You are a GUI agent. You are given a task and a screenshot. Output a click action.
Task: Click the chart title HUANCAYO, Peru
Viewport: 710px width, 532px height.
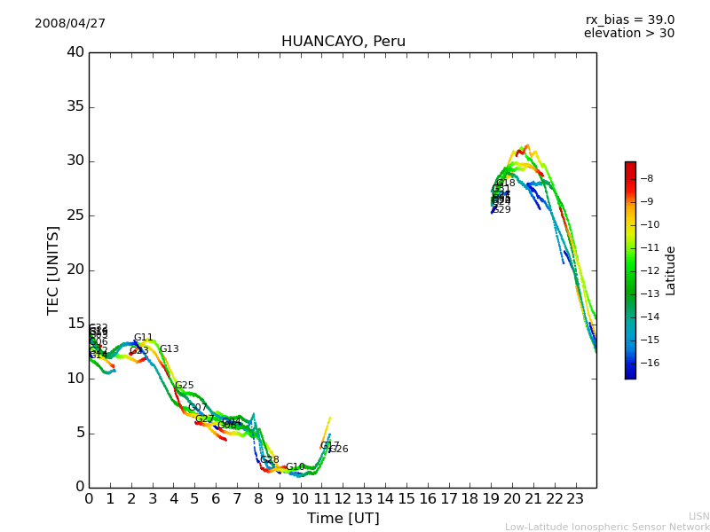pyautogui.click(x=343, y=42)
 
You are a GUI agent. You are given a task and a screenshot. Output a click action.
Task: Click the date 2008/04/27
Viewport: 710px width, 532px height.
pyautogui.click(x=70, y=23)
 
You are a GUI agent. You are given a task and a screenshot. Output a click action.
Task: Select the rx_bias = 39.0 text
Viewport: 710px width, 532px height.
pyautogui.click(x=629, y=20)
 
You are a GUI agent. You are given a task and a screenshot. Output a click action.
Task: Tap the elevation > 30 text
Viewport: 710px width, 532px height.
pyautogui.click(x=628, y=34)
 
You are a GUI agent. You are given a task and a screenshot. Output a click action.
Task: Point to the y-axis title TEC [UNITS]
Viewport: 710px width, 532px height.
pyautogui.click(x=53, y=270)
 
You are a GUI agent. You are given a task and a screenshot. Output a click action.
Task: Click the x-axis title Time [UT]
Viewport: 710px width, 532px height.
pyautogui.click(x=343, y=518)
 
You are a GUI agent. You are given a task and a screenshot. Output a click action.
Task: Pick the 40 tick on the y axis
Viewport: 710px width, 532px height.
pyautogui.click(x=75, y=52)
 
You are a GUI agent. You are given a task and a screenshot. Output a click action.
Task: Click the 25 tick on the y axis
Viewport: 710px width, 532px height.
pyautogui.click(x=75, y=215)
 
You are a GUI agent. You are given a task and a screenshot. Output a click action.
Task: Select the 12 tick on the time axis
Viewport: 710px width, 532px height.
pyautogui.click(x=343, y=498)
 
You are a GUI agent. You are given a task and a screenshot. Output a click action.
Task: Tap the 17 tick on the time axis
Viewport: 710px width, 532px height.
pyautogui.click(x=448, y=498)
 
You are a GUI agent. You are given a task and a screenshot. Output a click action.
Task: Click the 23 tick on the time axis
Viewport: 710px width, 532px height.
pyautogui.click(x=575, y=498)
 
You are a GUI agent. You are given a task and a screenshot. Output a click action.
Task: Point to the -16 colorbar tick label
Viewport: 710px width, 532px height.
pyautogui.click(x=652, y=363)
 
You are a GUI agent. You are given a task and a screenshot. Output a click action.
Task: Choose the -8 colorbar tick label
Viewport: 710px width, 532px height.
pyautogui.click(x=648, y=178)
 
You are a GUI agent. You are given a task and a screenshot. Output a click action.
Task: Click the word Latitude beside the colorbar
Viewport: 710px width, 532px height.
pyautogui.click(x=671, y=270)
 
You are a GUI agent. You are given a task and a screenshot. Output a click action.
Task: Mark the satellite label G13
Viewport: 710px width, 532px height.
pyautogui.click(x=169, y=349)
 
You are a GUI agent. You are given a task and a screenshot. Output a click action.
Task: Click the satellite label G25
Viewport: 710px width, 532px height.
pyautogui.click(x=185, y=386)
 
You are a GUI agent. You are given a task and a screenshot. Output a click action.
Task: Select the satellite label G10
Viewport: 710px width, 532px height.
pyautogui.click(x=295, y=467)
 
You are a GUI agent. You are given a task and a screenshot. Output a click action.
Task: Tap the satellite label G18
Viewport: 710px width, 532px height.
pyautogui.click(x=506, y=183)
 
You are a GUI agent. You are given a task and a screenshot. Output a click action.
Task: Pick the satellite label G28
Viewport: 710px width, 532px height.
pyautogui.click(x=270, y=460)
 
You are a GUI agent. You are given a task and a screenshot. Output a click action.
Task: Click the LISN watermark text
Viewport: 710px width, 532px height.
pyautogui.click(x=698, y=516)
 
